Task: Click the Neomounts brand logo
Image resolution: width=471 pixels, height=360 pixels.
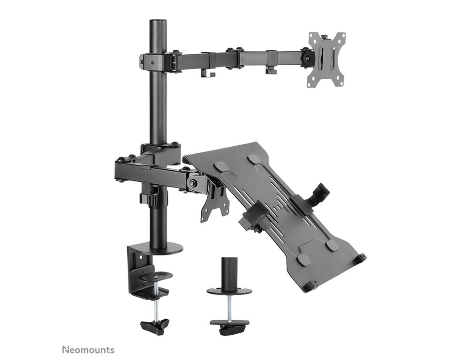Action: coord(88,350)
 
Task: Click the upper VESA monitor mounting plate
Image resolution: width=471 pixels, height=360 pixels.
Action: coord(326,60)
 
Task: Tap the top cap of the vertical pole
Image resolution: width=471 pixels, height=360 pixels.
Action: coord(158,22)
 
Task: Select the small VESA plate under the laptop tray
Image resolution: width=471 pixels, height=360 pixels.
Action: coord(215,205)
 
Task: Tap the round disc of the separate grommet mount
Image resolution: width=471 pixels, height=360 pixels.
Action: coord(229,291)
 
